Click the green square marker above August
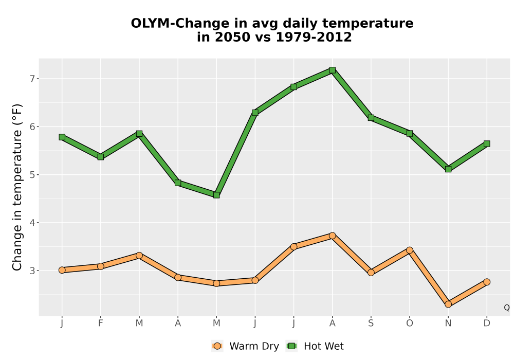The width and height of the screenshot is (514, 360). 332,70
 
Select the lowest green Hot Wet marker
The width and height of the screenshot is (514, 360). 216,195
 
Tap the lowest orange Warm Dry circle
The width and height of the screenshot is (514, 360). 448,304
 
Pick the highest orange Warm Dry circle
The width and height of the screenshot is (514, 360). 332,236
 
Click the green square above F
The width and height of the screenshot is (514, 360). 101,157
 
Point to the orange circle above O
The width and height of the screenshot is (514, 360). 410,250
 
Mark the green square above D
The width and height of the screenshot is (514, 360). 487,143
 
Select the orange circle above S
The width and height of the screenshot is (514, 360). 371,273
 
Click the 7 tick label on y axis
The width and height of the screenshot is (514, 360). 32,79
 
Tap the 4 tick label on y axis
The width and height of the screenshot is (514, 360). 32,223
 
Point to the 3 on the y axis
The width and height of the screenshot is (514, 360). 32,271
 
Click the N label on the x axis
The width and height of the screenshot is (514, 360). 448,323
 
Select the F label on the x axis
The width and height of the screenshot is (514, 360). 101,323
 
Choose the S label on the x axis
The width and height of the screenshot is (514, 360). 371,323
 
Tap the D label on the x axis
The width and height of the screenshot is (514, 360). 487,323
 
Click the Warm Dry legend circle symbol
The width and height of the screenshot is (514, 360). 217,346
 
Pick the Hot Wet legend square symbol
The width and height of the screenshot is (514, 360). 291,346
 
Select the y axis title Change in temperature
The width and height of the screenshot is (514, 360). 17,187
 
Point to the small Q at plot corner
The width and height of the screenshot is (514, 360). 507,308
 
